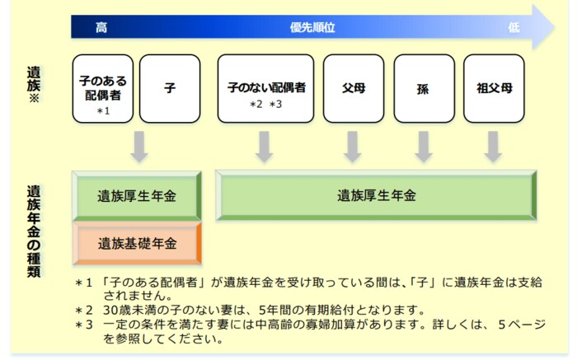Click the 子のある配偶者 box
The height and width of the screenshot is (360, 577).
pyautogui.click(x=103, y=88)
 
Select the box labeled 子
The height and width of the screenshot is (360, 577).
pyautogui.click(x=170, y=88)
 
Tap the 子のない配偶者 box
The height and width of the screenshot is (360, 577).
pyautogui.click(x=265, y=88)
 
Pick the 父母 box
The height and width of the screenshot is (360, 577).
pyautogui.click(x=354, y=88)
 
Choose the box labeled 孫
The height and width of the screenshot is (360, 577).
pyautogui.click(x=424, y=88)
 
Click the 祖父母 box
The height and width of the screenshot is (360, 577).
pyautogui.click(x=494, y=88)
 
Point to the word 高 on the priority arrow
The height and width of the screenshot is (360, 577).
pyautogui.click(x=101, y=27)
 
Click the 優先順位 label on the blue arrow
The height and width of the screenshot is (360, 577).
pyautogui.click(x=312, y=27)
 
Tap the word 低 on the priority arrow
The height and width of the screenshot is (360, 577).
pyautogui.click(x=514, y=27)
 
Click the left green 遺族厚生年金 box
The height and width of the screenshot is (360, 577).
pyautogui.click(x=138, y=196)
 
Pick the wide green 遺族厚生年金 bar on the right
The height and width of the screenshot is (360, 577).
pyautogui.click(x=376, y=196)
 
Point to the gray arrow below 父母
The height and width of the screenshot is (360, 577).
pyautogui.click(x=354, y=146)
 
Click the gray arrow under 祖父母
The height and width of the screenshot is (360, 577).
pyautogui.click(x=494, y=146)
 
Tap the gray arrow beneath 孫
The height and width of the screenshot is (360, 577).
pyautogui.click(x=424, y=146)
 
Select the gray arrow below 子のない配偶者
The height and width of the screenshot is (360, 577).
pyautogui.click(x=264, y=146)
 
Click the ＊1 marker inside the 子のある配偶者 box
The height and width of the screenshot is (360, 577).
pyautogui.click(x=103, y=110)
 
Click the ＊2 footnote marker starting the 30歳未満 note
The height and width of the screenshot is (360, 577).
pyautogui.click(x=83, y=311)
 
